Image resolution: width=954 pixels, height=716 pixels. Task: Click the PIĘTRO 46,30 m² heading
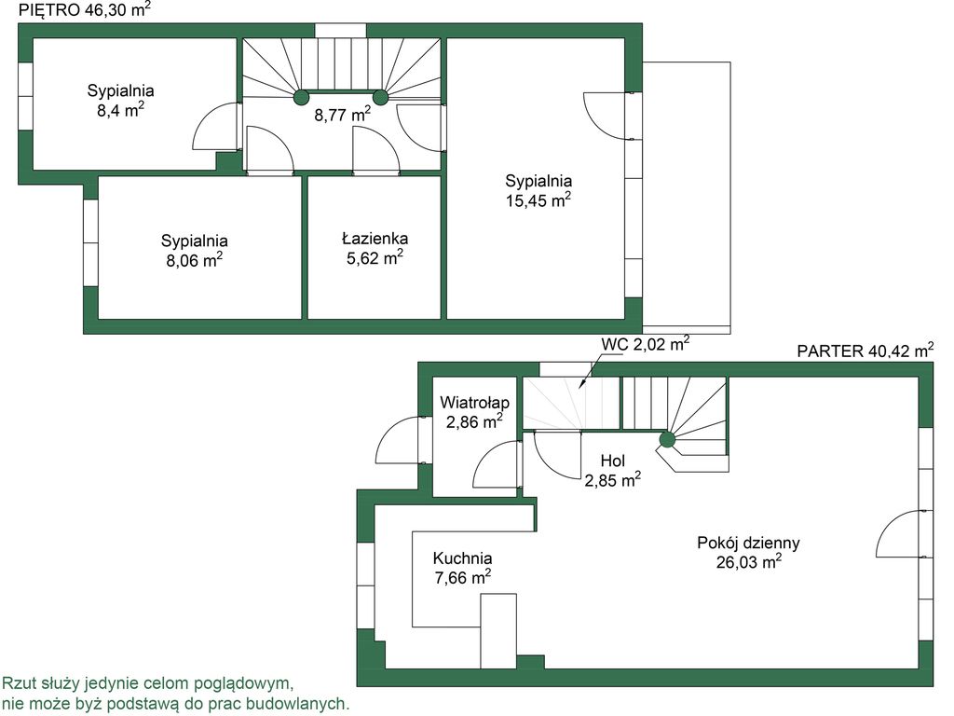[x=85, y=9]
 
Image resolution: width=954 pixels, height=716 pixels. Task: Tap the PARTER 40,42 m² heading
[x=865, y=351]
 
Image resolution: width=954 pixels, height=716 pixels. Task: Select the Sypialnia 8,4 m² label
[x=120, y=101]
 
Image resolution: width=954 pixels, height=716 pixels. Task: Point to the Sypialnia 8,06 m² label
[x=194, y=250]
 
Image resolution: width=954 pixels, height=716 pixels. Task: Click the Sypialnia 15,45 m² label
[x=538, y=190]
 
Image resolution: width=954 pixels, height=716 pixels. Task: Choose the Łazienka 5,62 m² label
[x=375, y=248]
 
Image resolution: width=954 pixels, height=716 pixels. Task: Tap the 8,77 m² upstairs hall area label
[x=343, y=114]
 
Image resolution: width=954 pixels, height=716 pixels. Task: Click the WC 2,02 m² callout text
[x=646, y=344]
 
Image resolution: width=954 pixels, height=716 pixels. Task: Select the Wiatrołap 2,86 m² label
[x=474, y=412]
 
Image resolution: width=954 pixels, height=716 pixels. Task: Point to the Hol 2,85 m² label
[x=613, y=471]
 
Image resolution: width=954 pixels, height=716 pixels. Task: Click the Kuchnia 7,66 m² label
[x=463, y=568]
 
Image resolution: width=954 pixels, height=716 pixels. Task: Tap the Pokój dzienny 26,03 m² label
[x=748, y=552]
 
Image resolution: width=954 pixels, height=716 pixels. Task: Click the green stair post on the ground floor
[x=667, y=438]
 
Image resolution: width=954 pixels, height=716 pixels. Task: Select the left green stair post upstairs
[x=302, y=97]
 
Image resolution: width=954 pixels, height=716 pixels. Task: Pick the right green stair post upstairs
[x=380, y=97]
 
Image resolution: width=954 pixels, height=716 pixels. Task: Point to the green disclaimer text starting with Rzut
[x=176, y=694]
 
